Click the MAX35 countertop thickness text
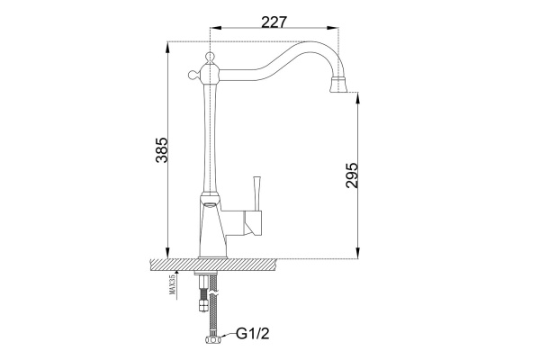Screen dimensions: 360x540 pos(171,285)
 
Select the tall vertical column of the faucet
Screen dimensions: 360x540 pos(209,135)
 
